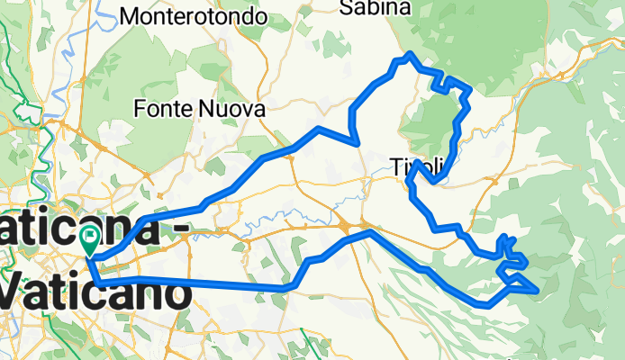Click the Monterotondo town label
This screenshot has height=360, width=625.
[194, 16]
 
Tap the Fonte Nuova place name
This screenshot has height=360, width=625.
[199, 109]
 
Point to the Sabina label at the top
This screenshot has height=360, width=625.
[376, 8]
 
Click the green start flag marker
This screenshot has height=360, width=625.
[90, 239]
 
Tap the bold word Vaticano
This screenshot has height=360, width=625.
[95, 294]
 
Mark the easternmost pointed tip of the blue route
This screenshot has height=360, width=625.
[539, 291]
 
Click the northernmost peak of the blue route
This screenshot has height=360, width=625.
[410, 54]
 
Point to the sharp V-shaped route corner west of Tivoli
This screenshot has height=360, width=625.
[359, 142]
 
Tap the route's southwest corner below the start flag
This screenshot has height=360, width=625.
[95, 283]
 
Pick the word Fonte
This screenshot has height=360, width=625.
[159, 109]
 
